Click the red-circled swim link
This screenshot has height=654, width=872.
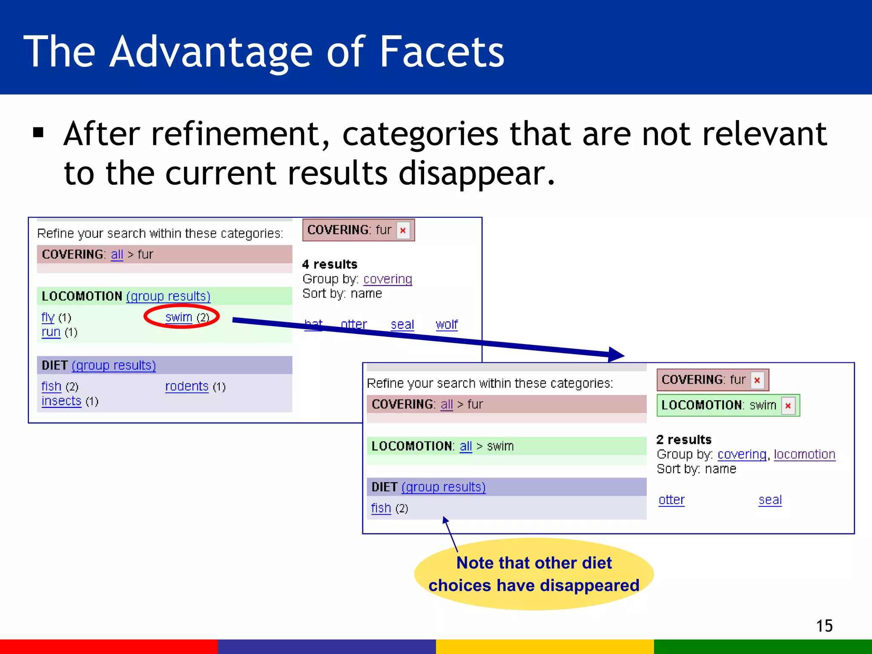point(179,317)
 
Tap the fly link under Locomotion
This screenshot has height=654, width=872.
point(48,318)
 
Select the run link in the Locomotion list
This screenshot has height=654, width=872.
point(51,332)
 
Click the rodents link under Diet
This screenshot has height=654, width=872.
point(186,387)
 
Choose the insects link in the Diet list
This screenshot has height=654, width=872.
point(61,401)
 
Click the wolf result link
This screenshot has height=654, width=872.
point(447,325)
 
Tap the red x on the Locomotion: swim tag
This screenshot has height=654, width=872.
point(788,406)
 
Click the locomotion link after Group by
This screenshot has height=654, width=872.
point(804,454)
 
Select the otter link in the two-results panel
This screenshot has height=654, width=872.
point(671,500)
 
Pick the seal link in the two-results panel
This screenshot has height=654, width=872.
point(770,500)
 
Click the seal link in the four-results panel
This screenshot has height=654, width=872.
point(402,325)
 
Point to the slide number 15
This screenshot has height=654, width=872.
point(824,626)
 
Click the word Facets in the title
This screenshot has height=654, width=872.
point(442,52)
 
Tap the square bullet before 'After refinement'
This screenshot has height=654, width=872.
point(38,133)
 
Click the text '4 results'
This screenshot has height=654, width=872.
point(330,264)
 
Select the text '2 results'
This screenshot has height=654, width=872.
point(684,440)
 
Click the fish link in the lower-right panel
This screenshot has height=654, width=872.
point(381,508)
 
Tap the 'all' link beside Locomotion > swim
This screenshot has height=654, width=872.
point(466,446)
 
